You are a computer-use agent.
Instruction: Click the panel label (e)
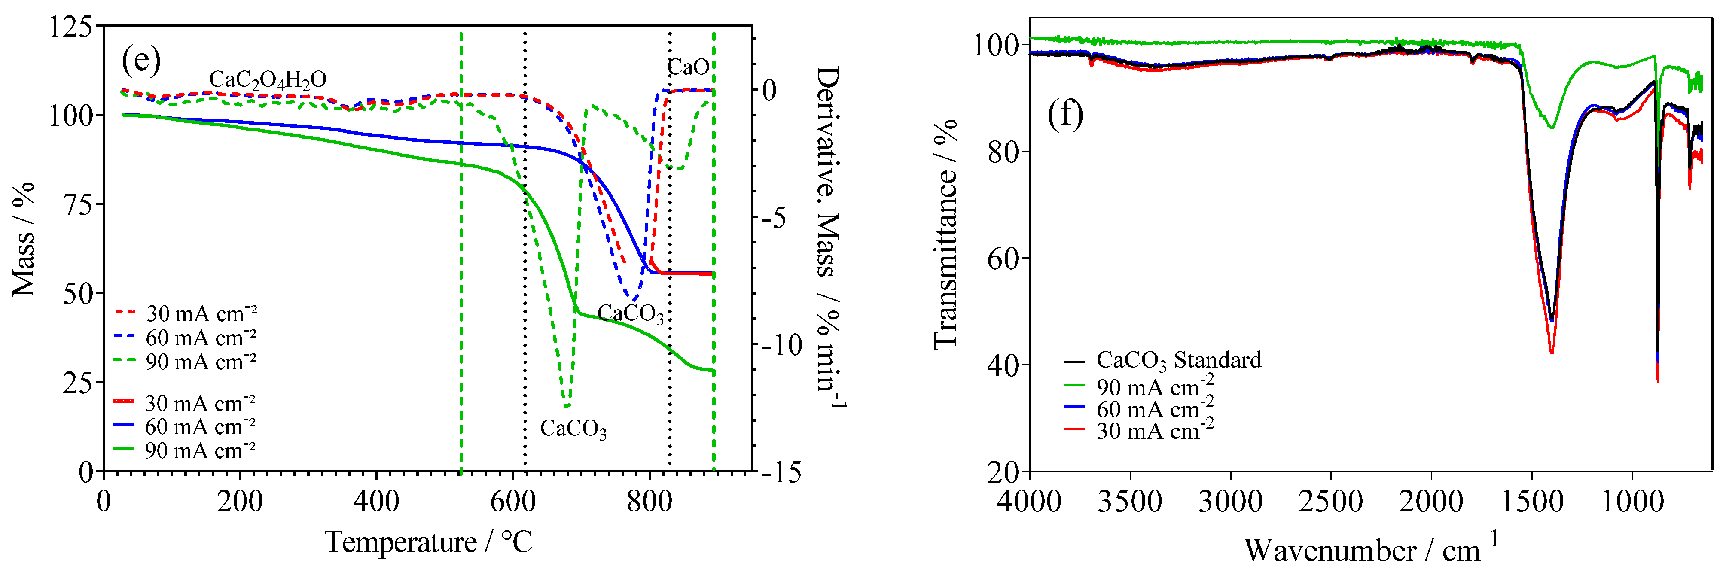coord(141,61)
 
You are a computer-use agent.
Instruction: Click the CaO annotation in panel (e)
coord(688,67)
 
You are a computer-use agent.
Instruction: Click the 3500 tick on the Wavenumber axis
coord(1130,502)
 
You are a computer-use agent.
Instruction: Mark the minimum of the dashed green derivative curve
coord(567,406)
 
